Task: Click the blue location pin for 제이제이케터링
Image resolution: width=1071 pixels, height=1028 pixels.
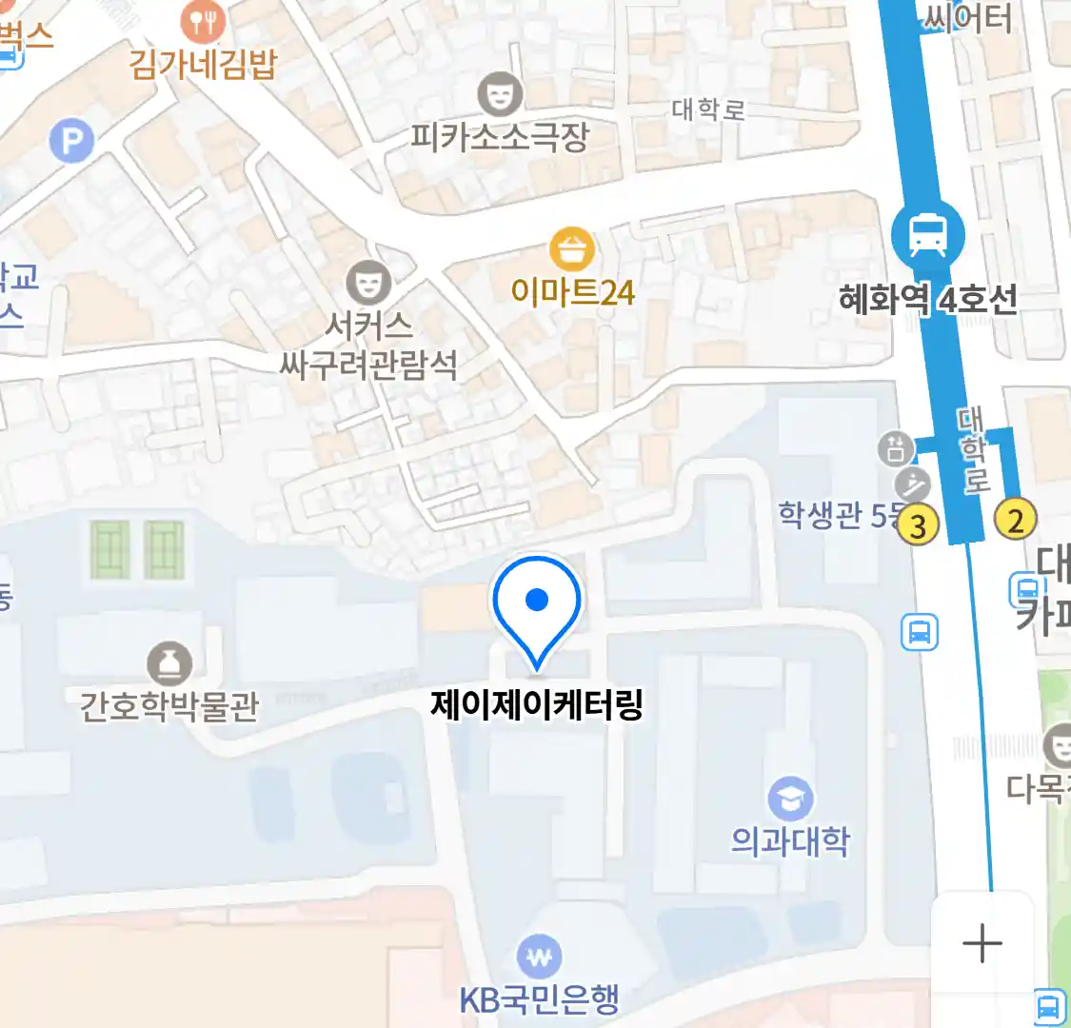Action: click(537, 604)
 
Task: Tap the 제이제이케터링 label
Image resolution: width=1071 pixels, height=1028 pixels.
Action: click(537, 705)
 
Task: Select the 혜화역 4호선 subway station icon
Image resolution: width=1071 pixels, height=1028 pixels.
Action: click(927, 234)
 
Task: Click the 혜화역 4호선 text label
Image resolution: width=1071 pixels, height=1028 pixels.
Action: click(927, 300)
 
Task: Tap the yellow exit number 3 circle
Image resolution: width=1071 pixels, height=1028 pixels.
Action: click(918, 525)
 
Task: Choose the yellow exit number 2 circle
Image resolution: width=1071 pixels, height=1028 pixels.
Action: click(1015, 520)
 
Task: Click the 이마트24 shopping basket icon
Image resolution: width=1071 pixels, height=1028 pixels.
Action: click(572, 250)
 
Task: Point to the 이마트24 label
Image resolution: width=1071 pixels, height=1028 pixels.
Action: click(572, 292)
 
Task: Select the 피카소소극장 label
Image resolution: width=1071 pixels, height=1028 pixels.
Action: click(500, 138)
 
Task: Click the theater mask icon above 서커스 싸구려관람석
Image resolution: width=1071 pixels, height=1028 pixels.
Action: click(367, 282)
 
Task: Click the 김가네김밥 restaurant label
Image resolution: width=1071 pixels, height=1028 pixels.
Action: click(203, 64)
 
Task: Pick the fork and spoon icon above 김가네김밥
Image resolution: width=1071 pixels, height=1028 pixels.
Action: click(203, 20)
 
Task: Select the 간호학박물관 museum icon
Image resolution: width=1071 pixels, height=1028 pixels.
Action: click(169, 663)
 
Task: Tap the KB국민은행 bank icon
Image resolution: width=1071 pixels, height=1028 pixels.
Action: click(539, 958)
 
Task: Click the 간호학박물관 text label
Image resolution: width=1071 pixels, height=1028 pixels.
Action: click(169, 707)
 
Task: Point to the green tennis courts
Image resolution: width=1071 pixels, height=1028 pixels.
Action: click(137, 549)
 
